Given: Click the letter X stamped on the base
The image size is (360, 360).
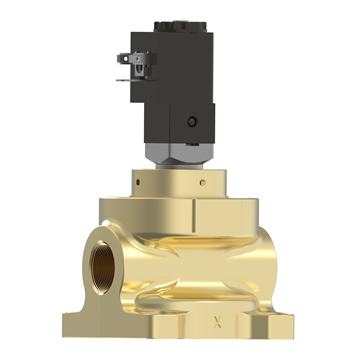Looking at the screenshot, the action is coord(218,322).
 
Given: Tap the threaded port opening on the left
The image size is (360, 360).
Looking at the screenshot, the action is coord(103,267).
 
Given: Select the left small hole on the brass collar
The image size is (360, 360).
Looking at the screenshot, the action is coord(138,182).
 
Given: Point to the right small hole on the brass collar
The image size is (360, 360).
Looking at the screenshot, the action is coord(203,182).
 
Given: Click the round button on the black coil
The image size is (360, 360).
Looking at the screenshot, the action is coord(192,121).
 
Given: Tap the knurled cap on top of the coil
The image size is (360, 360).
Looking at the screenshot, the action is coord(180,27).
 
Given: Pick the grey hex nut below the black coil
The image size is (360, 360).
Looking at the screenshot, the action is coord(180,154).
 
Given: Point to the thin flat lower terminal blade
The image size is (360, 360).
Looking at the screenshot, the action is coord(131,80).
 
